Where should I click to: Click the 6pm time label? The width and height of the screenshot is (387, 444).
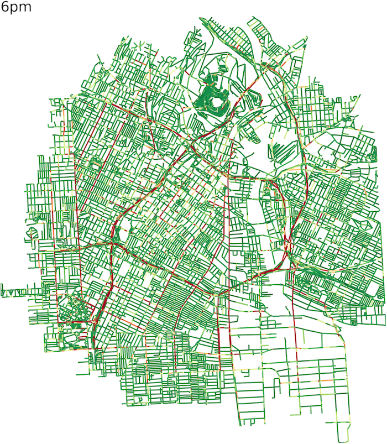pos(17,8)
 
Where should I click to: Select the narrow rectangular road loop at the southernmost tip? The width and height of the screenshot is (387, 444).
pos(343,431)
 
